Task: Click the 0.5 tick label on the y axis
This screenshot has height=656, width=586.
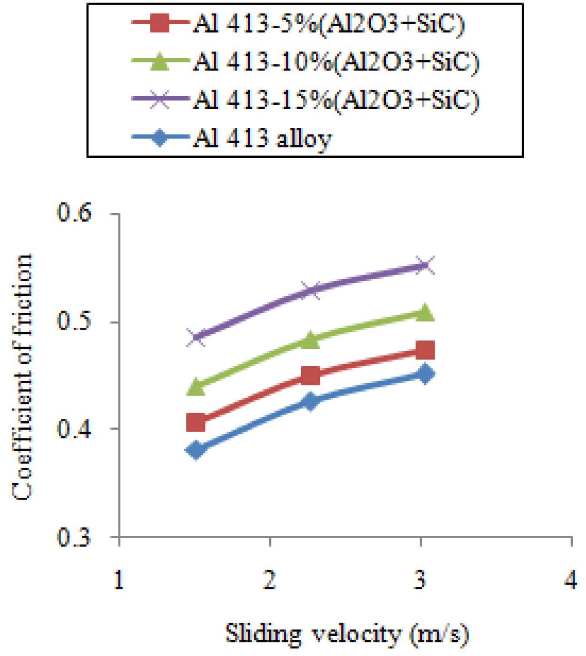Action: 73,322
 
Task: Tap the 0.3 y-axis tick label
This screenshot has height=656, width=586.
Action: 73,536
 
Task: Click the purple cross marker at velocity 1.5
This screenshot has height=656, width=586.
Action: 196,337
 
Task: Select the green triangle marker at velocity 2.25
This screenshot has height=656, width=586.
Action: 310,340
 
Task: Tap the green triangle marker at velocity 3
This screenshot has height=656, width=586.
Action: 425,313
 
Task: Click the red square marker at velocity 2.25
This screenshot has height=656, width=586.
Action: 310,376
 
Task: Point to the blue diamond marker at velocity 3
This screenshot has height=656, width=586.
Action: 425,374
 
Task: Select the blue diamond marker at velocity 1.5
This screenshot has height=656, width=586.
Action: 196,450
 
